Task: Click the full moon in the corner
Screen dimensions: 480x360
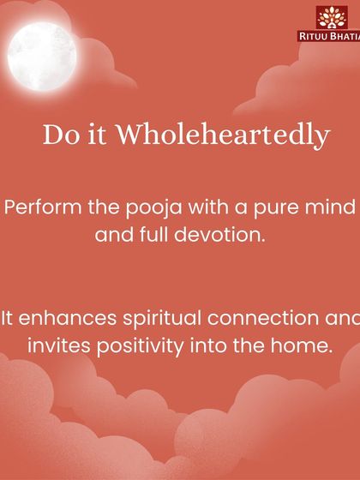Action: [x=44, y=51]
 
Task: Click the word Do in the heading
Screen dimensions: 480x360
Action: [x=57, y=135]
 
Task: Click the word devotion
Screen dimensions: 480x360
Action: [x=223, y=234]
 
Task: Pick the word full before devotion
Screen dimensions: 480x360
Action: [x=158, y=234]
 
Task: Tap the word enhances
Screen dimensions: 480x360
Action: [x=63, y=319]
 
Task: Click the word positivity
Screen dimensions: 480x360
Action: [x=142, y=347]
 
